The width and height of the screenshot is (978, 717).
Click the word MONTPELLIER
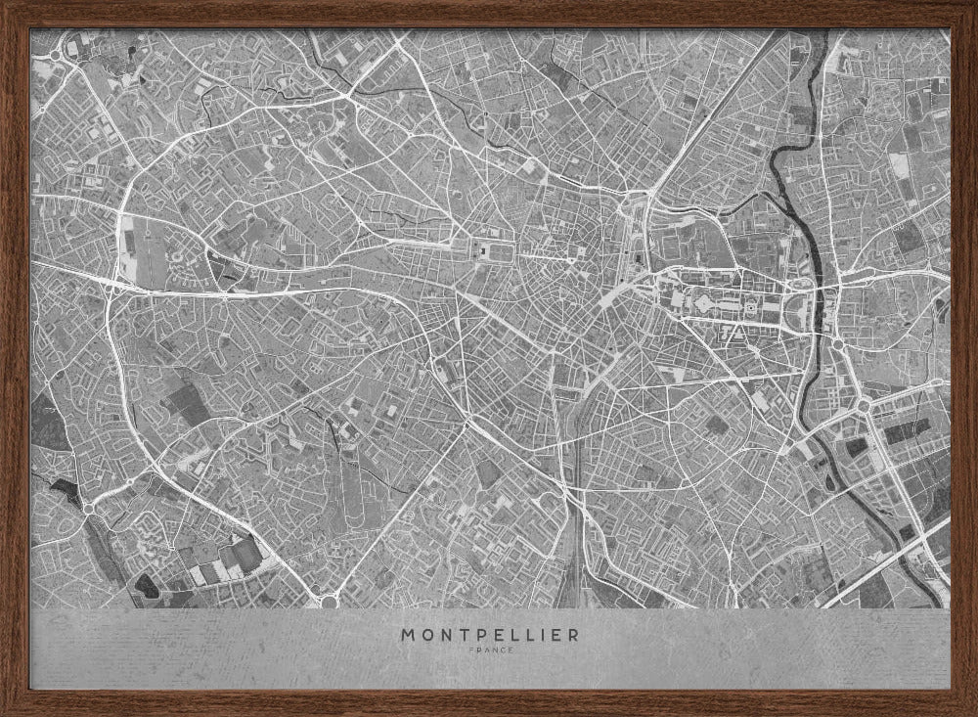coord(489,634)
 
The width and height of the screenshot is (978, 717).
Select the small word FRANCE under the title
coord(489,650)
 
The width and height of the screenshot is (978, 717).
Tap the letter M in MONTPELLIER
coord(407,634)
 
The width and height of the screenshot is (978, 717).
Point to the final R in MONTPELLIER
coord(573,634)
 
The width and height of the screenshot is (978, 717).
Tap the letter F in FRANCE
coord(471,650)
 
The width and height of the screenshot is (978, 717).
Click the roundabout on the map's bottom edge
coord(330,601)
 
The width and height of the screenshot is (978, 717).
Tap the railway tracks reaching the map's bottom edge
coord(571,577)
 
